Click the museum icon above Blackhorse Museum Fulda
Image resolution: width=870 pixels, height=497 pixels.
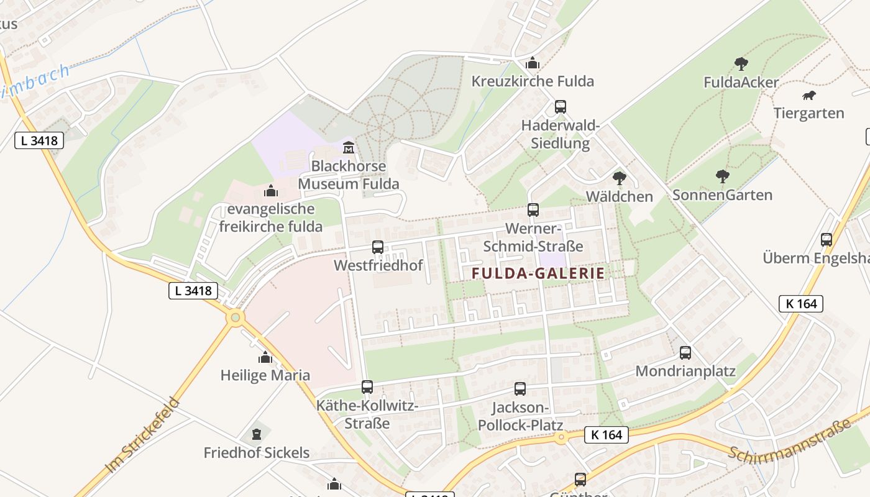click(x=349, y=148)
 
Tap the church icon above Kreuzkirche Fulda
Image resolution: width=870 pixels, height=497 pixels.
click(x=533, y=63)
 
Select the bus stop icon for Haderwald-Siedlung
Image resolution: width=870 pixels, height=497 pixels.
click(x=561, y=107)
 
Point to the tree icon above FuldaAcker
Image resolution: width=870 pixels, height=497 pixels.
click(x=741, y=63)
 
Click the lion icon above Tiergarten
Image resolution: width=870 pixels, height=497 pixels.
click(x=808, y=96)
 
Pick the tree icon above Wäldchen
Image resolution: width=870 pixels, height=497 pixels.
click(x=619, y=178)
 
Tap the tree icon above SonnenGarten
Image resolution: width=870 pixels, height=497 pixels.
click(x=722, y=176)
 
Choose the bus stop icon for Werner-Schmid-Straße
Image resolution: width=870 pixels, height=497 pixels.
click(x=533, y=210)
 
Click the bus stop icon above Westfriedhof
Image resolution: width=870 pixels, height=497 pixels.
click(x=378, y=247)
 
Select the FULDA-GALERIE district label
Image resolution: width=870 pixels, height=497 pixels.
click(x=538, y=273)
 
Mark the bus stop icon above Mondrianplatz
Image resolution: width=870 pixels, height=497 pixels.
click(x=685, y=353)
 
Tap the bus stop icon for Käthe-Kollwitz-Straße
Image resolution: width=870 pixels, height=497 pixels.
click(x=367, y=387)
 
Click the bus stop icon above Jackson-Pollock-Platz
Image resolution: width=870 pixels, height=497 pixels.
click(x=520, y=389)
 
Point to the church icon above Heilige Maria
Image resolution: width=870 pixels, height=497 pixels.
click(x=265, y=357)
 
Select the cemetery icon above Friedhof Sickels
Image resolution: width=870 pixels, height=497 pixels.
click(x=257, y=434)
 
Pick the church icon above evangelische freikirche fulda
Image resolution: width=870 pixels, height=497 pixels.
click(x=270, y=190)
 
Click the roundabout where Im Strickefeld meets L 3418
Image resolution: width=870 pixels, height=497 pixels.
click(x=235, y=318)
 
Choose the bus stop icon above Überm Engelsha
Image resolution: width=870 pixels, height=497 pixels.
click(x=826, y=240)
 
